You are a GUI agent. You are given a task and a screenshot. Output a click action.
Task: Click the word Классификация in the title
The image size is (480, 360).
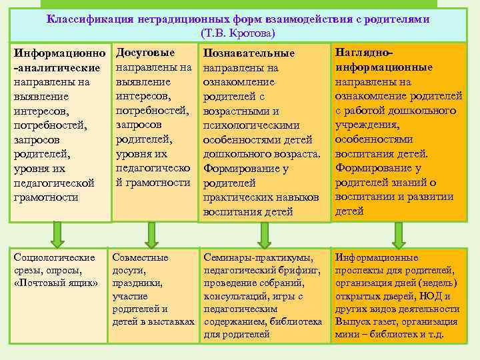click(88, 19)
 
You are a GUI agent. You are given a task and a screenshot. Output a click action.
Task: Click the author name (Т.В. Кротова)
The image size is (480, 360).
click(237, 33)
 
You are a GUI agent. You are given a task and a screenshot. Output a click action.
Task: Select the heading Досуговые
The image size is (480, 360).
click(145, 53)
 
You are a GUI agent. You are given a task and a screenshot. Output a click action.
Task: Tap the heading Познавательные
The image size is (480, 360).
click(249, 54)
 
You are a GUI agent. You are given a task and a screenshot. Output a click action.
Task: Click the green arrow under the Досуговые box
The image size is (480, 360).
click(153, 233)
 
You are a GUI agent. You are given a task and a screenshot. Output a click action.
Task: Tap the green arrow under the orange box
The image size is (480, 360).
click(399, 233)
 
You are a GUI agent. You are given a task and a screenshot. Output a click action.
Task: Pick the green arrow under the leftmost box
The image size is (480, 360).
click(58, 233)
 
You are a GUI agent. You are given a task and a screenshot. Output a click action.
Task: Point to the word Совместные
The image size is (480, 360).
click(141, 257)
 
